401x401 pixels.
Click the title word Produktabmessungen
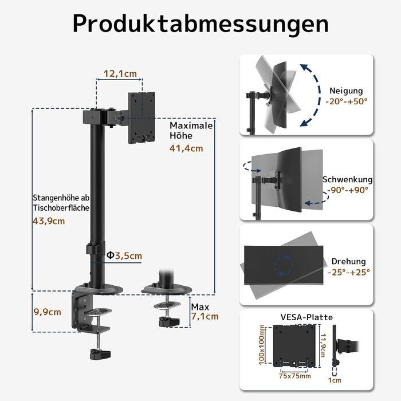click(x=200, y=23)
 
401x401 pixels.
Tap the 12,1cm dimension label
click(x=120, y=73)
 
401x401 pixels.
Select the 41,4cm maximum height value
click(x=186, y=148)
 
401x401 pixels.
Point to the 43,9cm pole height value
click(x=49, y=221)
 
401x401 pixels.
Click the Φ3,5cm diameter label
click(x=124, y=255)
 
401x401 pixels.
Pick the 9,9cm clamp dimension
click(x=48, y=312)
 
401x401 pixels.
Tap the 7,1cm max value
click(x=205, y=316)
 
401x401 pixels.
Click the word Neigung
click(x=346, y=91)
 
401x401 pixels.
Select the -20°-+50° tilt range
click(x=348, y=101)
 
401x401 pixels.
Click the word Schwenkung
click(x=348, y=179)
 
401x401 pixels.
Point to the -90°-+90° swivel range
click(x=348, y=190)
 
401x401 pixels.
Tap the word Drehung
click(x=348, y=262)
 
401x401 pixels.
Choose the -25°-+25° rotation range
click(x=349, y=273)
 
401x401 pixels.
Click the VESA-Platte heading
click(x=306, y=317)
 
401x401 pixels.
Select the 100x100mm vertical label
click(x=262, y=345)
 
